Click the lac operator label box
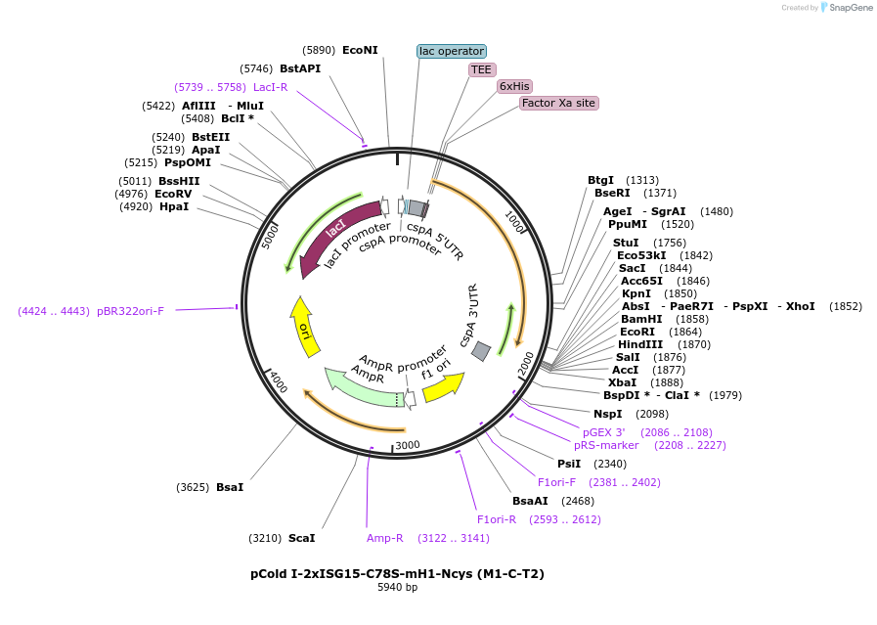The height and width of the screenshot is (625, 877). coord(452,52)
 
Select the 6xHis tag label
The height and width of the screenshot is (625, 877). coord(514,86)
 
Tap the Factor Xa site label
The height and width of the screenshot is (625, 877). coord(558,103)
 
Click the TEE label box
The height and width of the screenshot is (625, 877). coord(482,69)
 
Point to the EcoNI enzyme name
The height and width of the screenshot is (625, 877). coord(360,50)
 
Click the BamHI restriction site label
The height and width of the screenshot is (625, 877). coord(641,319)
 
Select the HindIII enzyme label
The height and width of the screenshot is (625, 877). coord(640,344)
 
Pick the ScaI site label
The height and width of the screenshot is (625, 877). coord(302,538)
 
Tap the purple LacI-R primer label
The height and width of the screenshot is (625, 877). coord(271,87)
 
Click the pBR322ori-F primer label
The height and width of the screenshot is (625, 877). coord(130,311)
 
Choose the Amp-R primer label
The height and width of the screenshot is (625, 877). coord(385,538)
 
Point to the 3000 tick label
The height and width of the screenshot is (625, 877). coord(407,445)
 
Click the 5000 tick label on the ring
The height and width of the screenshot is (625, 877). coord(270,236)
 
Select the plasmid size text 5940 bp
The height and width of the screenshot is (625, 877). coord(398,588)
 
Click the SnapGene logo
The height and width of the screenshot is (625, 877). coord(847,7)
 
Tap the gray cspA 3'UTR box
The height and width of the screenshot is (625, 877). coord(481,351)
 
